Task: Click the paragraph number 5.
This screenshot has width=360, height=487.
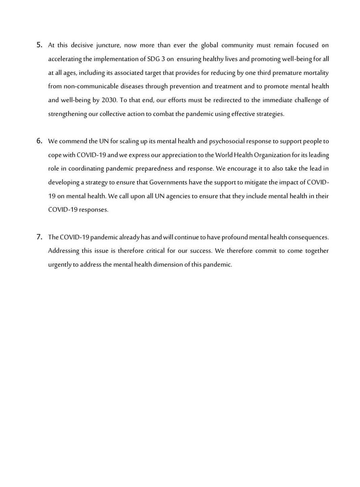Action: click(x=39, y=44)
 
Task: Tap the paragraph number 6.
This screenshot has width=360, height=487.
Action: click(x=39, y=141)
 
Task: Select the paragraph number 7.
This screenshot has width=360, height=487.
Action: click(x=39, y=237)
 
